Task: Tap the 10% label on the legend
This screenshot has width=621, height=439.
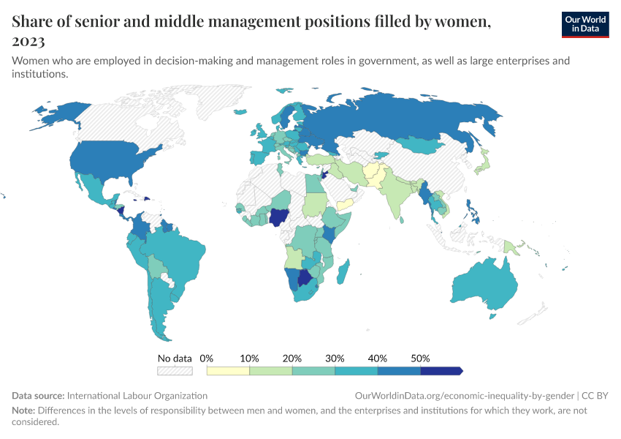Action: pos(250,359)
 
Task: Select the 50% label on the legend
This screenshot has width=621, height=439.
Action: pos(420,359)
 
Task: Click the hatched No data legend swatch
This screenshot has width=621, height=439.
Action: pos(175,371)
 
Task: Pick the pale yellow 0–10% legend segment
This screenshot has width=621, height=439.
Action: pos(228,371)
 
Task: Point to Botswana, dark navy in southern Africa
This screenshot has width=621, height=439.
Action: pos(306,279)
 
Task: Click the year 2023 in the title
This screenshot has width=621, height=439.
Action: pos(28,41)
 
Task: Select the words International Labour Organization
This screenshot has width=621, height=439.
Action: pos(138,395)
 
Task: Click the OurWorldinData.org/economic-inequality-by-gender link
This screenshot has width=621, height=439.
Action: pos(465,395)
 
